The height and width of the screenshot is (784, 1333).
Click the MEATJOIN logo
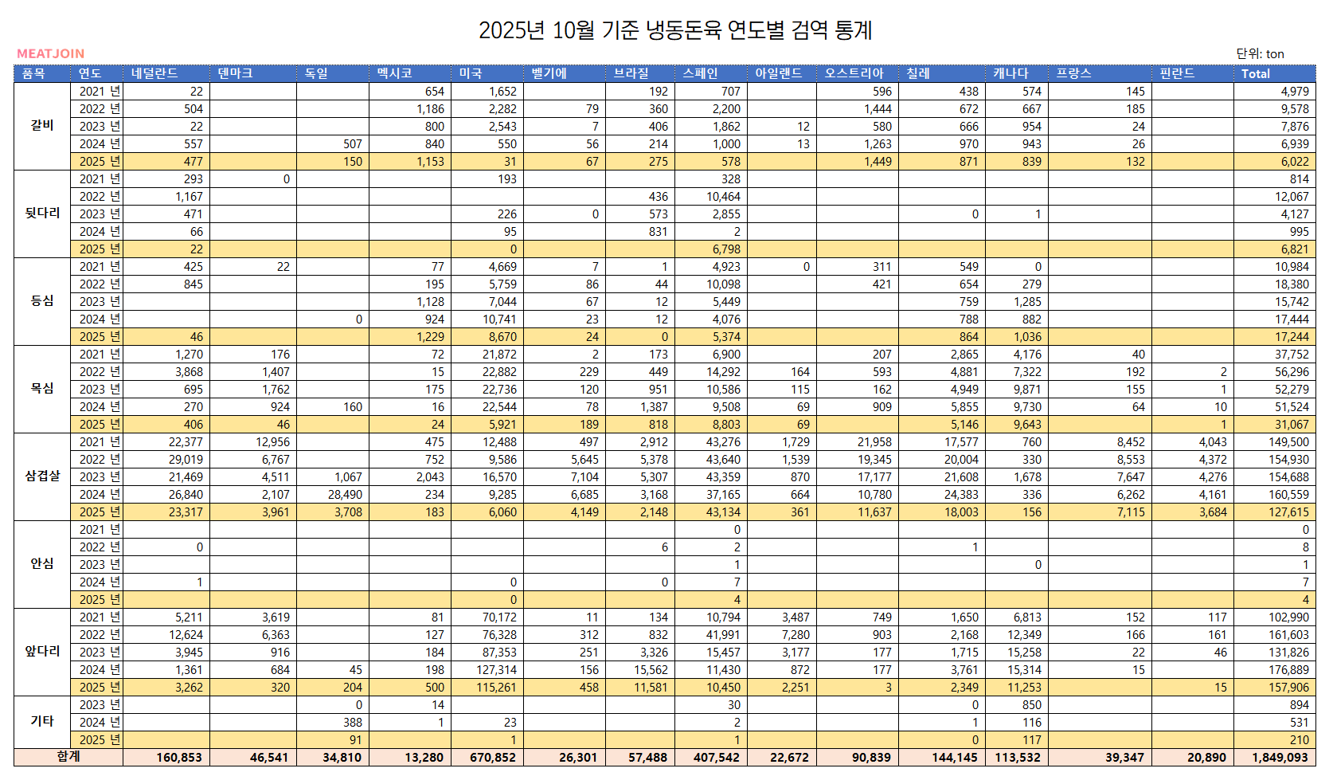[x=50, y=53]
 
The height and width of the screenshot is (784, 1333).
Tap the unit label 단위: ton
[x=1260, y=53]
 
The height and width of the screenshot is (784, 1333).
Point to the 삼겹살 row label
[x=42, y=476]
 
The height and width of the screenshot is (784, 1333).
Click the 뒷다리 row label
[x=42, y=213]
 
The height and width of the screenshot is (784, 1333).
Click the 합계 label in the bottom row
[x=68, y=756]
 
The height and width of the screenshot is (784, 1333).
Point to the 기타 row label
[x=42, y=721]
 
